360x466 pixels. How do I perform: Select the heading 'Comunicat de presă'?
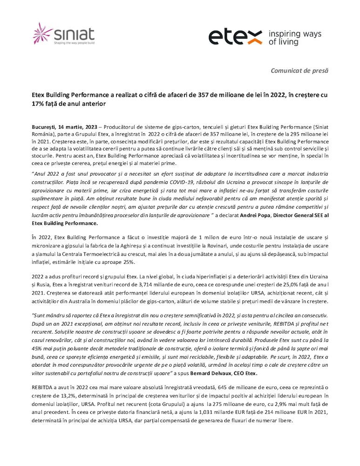pos(299,70)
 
